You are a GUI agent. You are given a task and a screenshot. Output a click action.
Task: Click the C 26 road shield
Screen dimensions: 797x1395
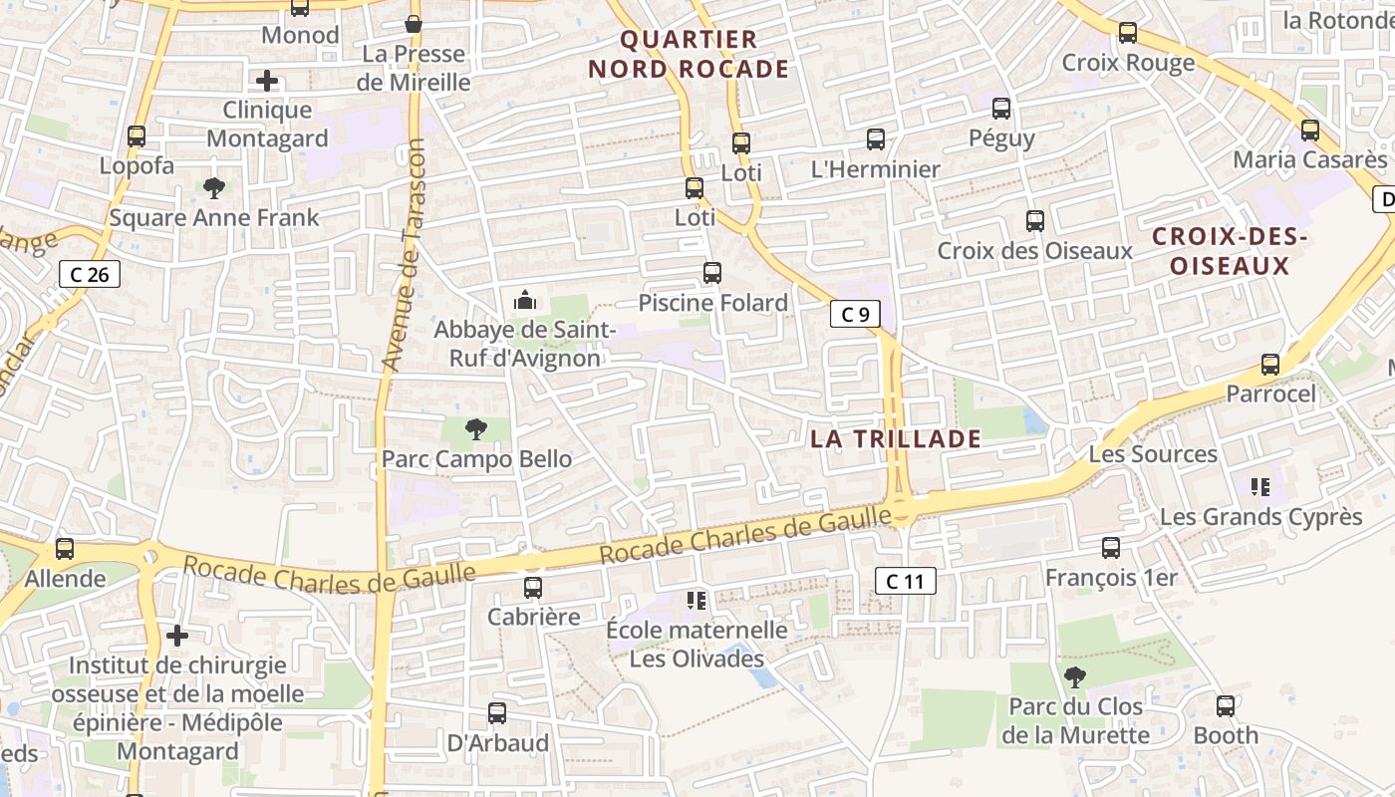(90, 274)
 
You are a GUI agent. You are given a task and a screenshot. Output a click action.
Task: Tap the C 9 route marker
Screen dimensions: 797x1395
(855, 315)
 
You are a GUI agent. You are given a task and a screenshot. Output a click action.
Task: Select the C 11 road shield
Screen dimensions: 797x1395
(905, 581)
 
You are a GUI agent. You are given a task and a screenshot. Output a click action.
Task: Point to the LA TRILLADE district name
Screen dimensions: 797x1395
(895, 438)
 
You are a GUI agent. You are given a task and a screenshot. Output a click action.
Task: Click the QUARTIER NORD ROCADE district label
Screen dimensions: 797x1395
(689, 55)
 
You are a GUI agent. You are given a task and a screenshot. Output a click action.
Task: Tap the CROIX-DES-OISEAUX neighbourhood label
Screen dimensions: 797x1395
(1229, 251)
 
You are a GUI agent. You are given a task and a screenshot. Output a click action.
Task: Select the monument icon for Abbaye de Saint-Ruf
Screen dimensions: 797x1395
(524, 299)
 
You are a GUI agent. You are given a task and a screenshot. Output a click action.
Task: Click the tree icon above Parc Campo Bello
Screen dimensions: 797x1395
(476, 429)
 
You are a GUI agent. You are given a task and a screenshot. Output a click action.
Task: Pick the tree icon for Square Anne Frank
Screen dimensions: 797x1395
(213, 187)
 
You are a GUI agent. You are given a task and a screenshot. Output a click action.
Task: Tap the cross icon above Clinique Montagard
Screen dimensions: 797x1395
(266, 81)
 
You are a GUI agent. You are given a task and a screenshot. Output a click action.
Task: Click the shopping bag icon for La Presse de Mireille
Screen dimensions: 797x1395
(413, 24)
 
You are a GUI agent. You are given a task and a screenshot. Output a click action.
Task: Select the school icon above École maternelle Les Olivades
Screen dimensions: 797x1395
(697, 600)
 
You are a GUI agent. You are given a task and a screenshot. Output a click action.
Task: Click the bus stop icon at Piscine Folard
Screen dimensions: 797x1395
(711, 272)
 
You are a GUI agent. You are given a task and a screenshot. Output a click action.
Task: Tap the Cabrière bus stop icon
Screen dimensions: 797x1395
(533, 587)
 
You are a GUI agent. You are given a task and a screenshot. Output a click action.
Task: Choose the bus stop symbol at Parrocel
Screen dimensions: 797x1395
(1269, 364)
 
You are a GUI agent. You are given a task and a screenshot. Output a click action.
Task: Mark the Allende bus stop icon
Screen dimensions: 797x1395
(65, 548)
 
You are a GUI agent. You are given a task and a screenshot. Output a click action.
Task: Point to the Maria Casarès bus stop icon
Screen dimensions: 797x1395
(1309, 130)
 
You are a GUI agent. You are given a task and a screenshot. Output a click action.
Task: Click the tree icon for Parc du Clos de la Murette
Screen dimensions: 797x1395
(1074, 677)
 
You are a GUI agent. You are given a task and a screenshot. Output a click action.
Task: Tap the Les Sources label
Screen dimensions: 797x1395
(1153, 454)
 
